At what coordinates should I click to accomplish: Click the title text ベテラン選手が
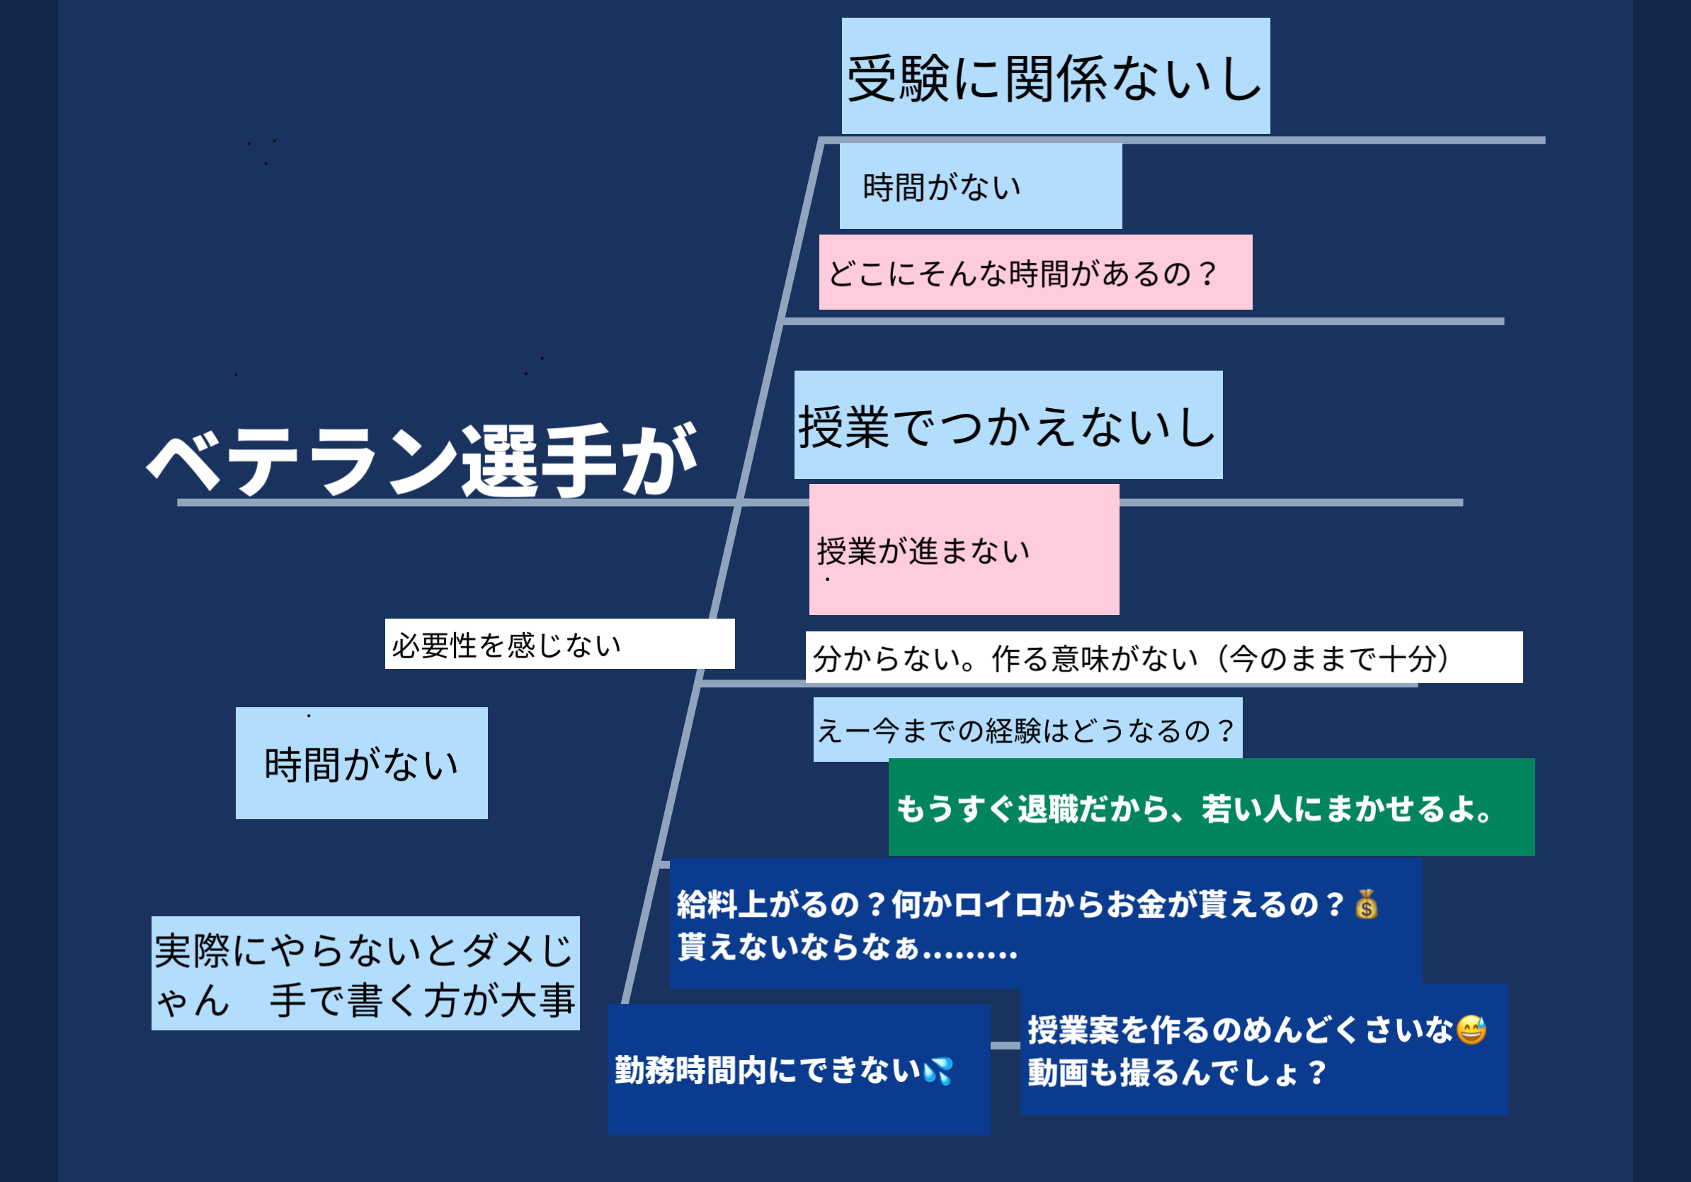tap(421, 460)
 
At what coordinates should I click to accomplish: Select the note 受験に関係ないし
tap(1054, 77)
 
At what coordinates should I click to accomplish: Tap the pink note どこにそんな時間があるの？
tap(1034, 273)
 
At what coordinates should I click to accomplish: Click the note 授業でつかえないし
tap(1008, 426)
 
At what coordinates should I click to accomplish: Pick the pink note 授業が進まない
tap(963, 550)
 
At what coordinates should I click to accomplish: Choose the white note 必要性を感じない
tap(558, 644)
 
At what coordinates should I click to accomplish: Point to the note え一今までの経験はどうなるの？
tap(1027, 730)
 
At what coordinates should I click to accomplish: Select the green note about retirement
tap(1211, 808)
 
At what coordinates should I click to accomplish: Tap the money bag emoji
tap(1366, 904)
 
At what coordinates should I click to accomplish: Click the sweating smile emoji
tap(1471, 1030)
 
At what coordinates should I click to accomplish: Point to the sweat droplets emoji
tap(938, 1071)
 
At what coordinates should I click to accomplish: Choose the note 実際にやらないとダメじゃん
tap(365, 973)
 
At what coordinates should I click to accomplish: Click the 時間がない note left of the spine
tap(361, 763)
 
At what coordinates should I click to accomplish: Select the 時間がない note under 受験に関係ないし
tap(979, 186)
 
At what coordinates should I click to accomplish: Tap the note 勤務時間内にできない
tap(798, 1070)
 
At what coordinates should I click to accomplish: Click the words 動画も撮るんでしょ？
tap(1177, 1073)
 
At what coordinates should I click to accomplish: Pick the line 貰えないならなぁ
tap(847, 947)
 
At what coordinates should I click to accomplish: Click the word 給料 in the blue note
tap(706, 904)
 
